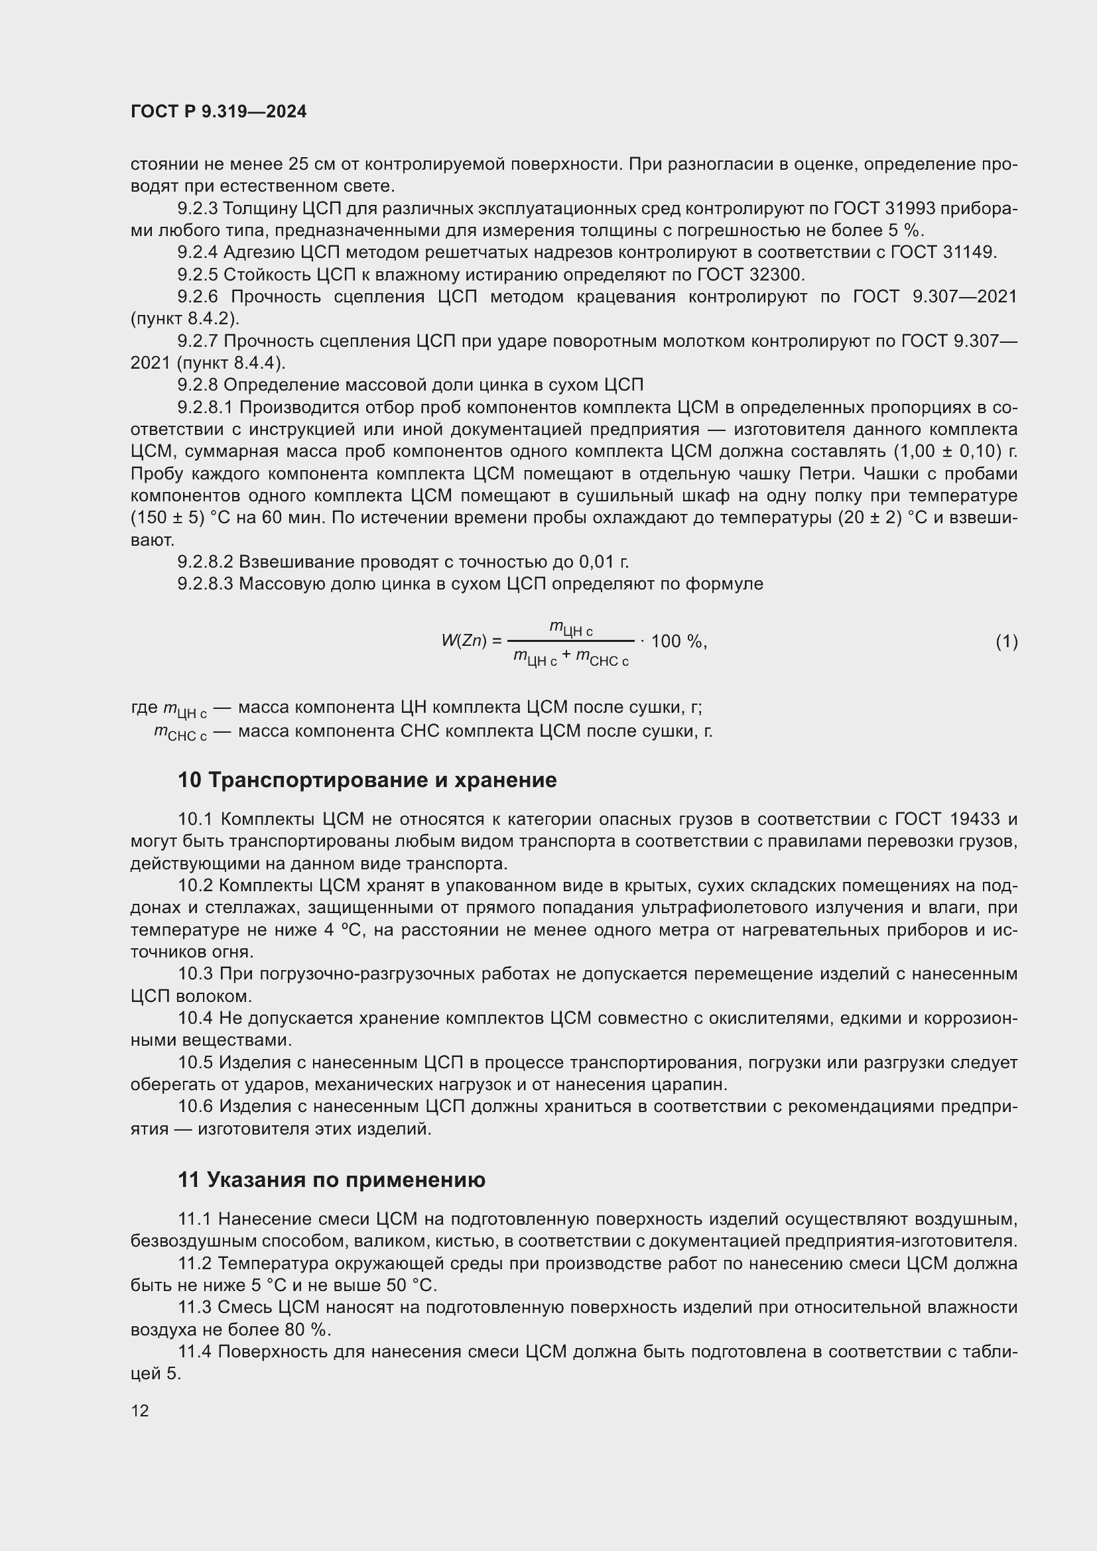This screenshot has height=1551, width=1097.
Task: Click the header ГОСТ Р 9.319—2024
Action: click(x=218, y=111)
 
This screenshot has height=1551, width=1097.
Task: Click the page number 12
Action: click(x=140, y=1410)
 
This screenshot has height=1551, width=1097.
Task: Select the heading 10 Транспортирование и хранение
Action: click(x=367, y=780)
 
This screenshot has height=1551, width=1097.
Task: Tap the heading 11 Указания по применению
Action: click(x=332, y=1180)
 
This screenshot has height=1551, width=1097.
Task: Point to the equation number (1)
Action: click(x=1006, y=641)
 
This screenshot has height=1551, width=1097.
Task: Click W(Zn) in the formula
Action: click(x=464, y=641)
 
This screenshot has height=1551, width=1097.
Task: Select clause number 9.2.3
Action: click(x=197, y=209)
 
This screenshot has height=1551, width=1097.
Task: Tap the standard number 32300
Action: click(x=777, y=275)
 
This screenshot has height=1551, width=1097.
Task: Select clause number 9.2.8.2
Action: click(x=206, y=562)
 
